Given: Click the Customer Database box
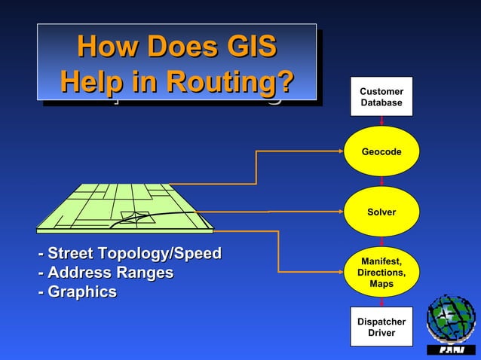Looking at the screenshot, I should click(381, 96).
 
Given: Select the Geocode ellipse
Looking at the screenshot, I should click(381, 152).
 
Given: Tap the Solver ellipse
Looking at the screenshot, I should click(381, 212).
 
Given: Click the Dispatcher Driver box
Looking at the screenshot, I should click(381, 327).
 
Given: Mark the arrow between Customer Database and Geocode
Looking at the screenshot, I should click(382, 121).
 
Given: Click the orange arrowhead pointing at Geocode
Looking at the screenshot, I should click(340, 152).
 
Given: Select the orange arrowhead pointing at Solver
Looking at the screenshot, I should click(340, 212).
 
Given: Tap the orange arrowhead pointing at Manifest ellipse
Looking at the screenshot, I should click(340, 271).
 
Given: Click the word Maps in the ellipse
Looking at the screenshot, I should click(381, 284).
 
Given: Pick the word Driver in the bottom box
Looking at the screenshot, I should click(381, 333).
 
